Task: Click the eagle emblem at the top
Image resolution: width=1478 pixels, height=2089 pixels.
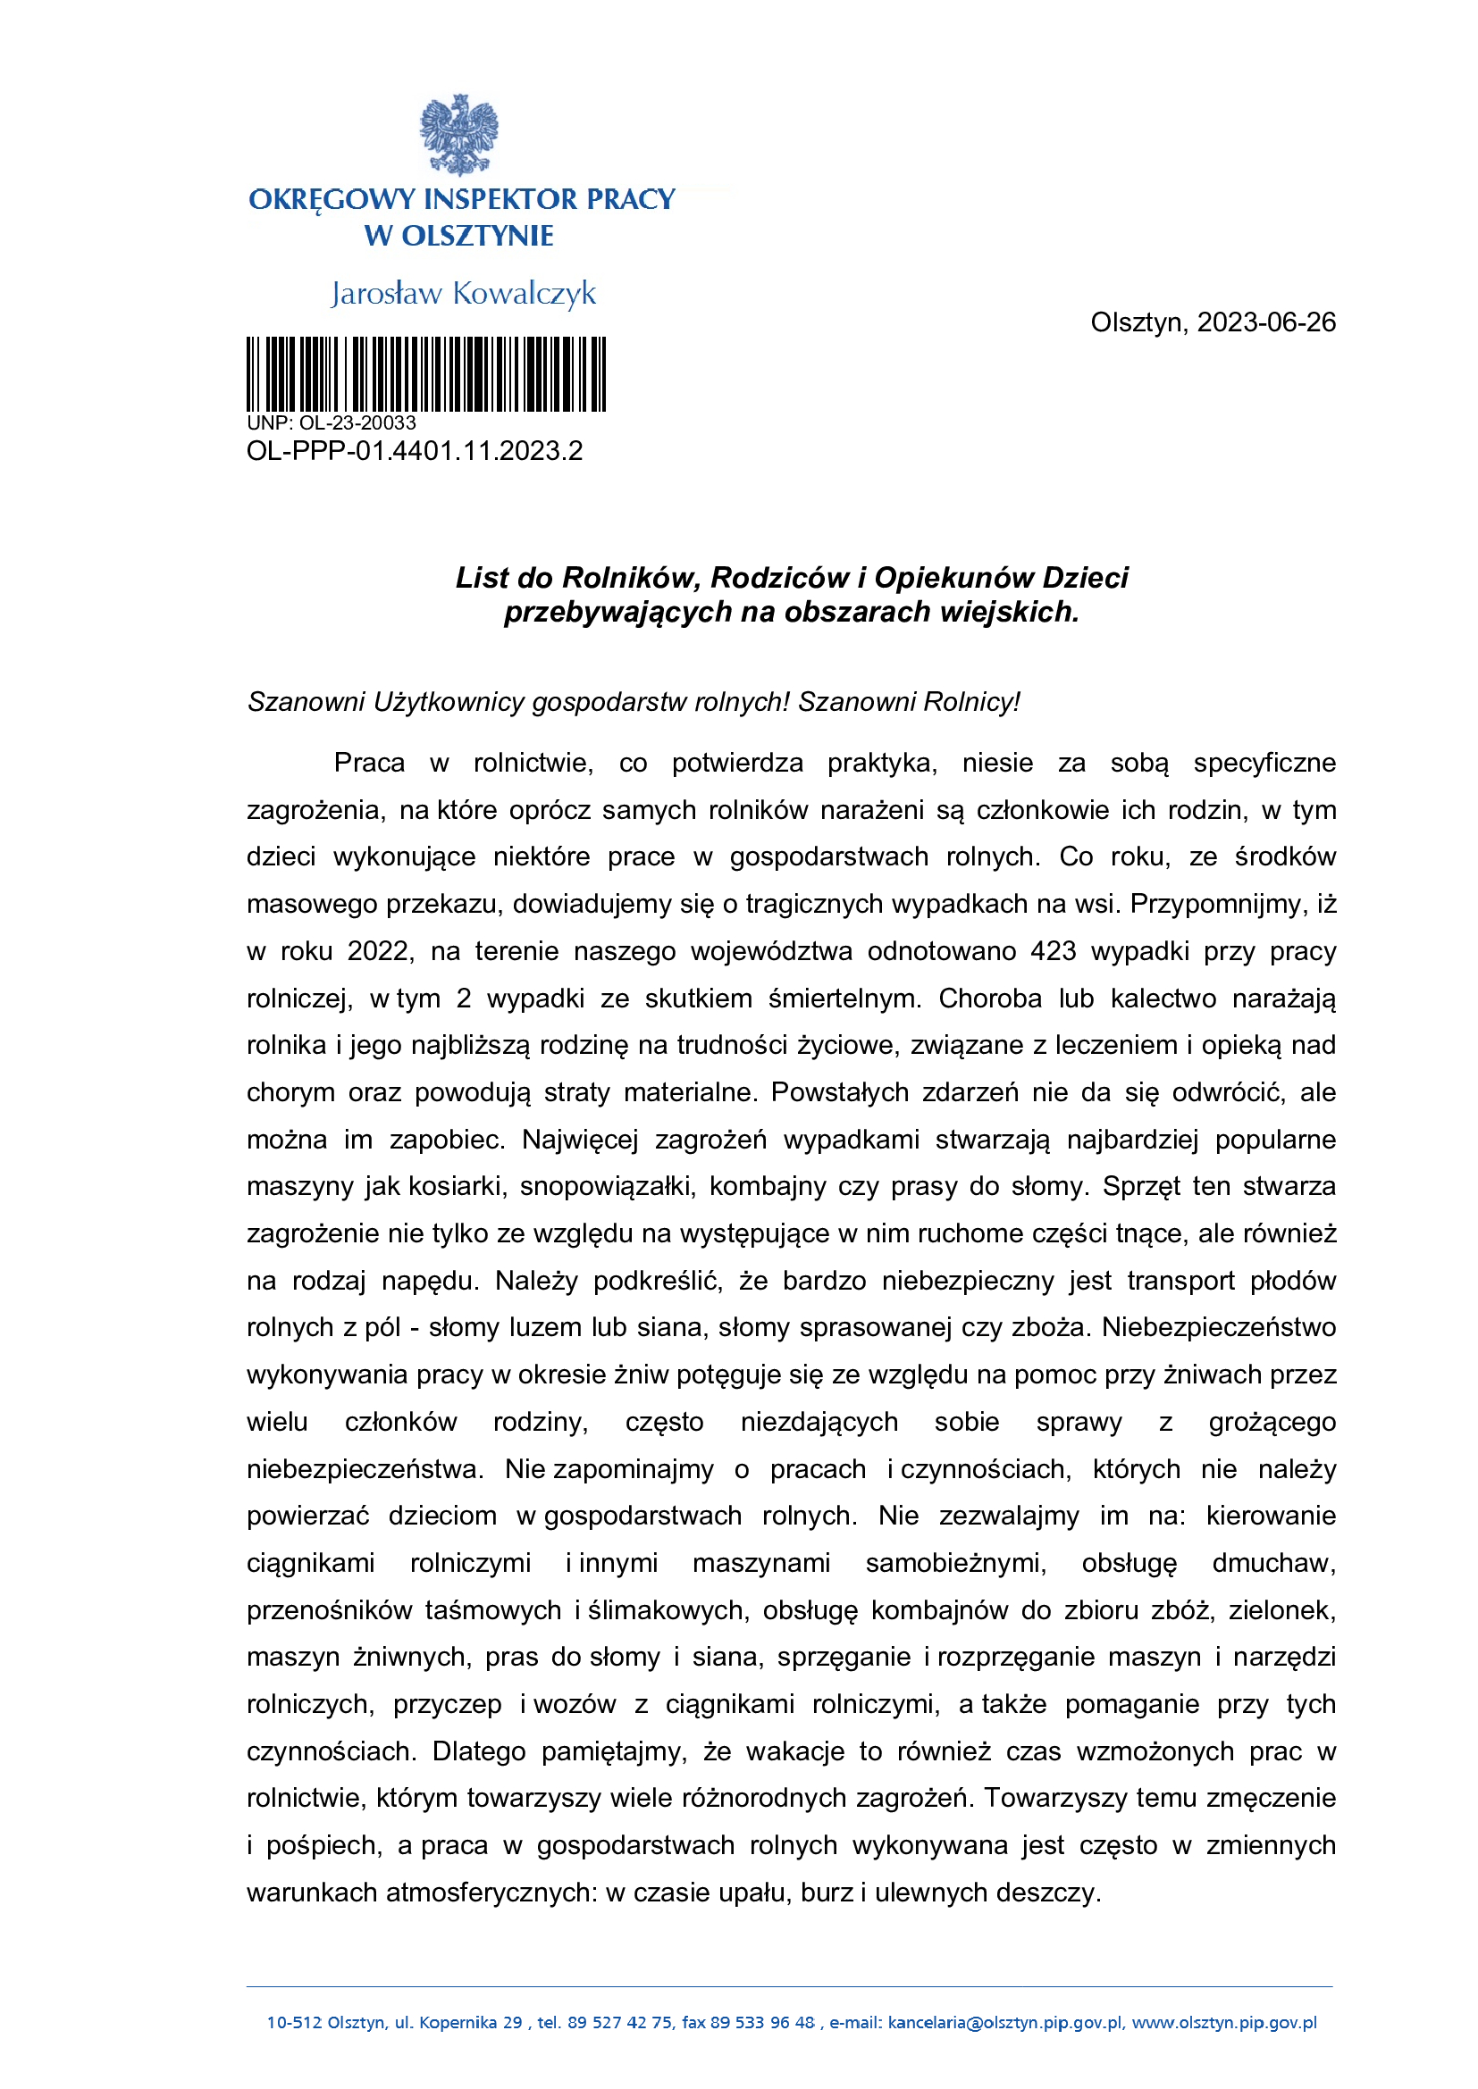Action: [x=458, y=135]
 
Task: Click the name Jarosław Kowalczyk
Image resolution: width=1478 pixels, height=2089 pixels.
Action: [x=463, y=294]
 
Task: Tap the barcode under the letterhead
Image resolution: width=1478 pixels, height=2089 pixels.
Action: [x=426, y=374]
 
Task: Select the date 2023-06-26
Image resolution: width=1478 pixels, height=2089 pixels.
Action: [x=1266, y=323]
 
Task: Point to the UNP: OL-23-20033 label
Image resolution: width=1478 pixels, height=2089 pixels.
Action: [x=332, y=423]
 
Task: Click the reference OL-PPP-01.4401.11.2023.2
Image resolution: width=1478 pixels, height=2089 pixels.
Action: [x=414, y=451]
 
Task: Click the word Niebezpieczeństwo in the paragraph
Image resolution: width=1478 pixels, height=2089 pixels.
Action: [x=1219, y=1327]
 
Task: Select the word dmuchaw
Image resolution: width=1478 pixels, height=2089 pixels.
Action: [x=1273, y=1563]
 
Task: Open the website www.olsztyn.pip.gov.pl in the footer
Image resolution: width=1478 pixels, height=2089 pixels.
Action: [x=1224, y=2023]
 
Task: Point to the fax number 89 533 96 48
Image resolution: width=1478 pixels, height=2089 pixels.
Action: [x=761, y=2023]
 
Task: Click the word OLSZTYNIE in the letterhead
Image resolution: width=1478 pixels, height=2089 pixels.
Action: [x=478, y=237]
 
